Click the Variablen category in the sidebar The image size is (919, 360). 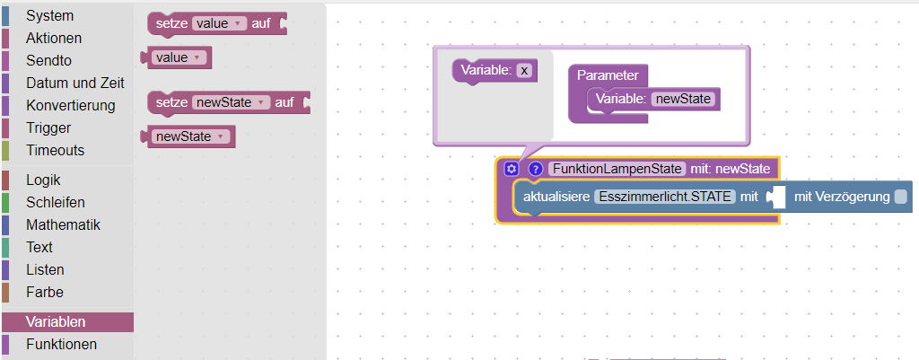point(56,321)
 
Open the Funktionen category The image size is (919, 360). point(61,344)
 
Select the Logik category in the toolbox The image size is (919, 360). point(43,180)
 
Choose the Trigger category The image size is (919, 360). point(48,127)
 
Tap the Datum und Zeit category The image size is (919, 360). point(74,83)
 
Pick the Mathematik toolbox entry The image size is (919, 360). point(63,224)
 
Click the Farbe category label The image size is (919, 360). point(45,292)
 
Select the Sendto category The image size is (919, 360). point(48,60)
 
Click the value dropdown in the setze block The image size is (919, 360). point(219,24)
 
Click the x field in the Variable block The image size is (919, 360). point(525,70)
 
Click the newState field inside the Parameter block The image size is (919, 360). point(686,99)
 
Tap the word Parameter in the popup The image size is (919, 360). point(607,75)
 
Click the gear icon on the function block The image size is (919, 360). point(512,169)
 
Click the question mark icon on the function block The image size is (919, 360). point(536,169)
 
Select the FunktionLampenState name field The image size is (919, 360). point(617,169)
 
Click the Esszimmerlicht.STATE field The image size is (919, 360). point(665,197)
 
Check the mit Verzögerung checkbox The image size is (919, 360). point(900,197)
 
